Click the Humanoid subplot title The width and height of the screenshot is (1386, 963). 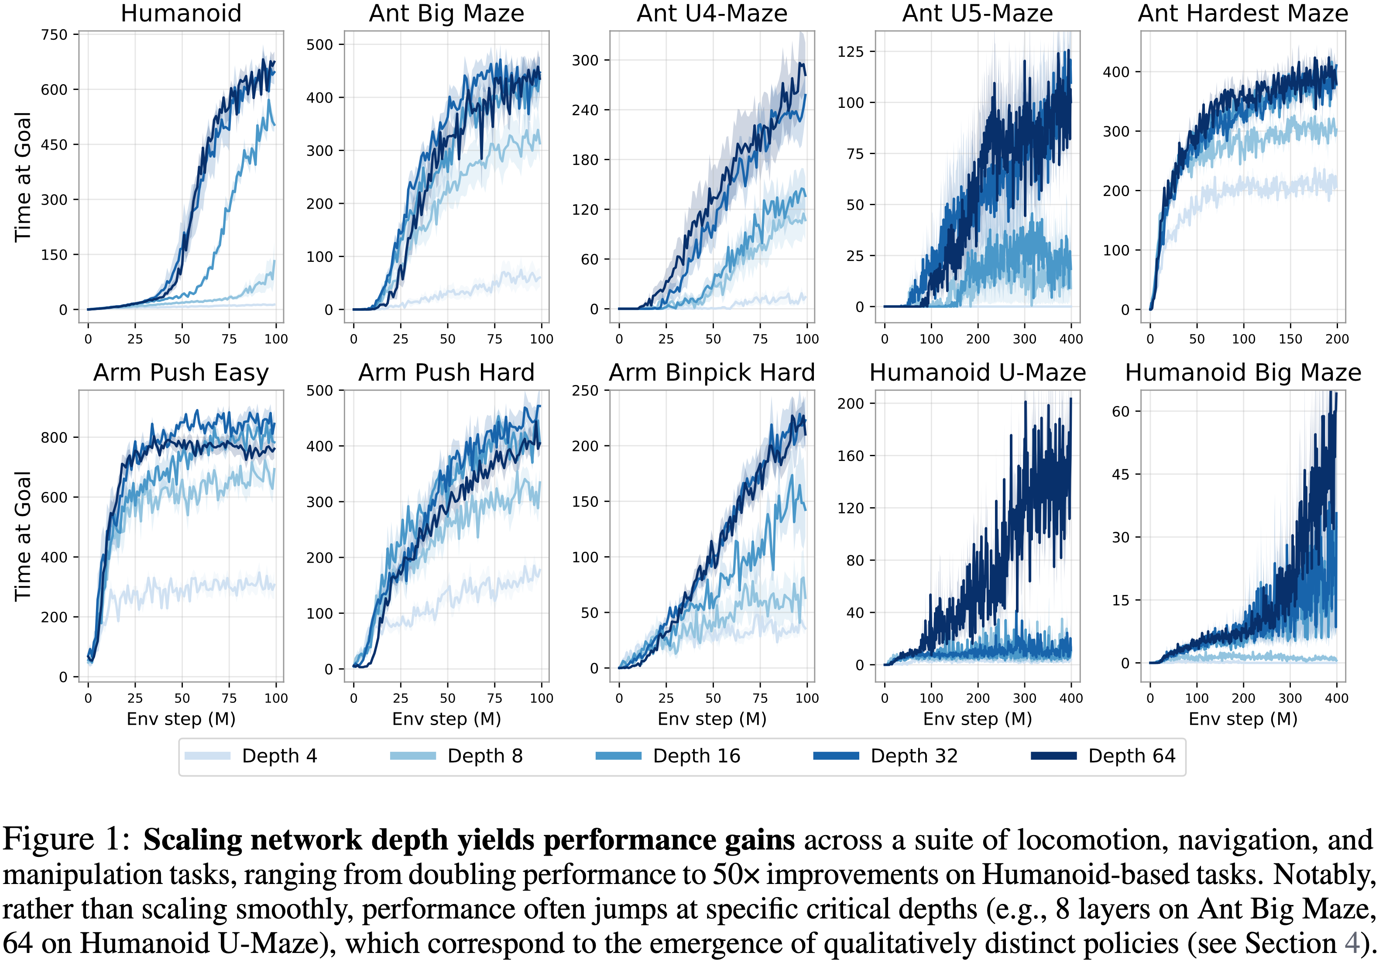coord(181,13)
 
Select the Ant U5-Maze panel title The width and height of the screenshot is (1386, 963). coord(977,13)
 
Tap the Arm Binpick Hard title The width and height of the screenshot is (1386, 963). coord(712,372)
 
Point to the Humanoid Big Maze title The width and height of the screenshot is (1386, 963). coord(1243,372)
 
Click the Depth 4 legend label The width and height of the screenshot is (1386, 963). coord(279,756)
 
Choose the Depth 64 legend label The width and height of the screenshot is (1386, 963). coord(1132,756)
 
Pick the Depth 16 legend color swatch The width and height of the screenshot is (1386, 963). coord(618,756)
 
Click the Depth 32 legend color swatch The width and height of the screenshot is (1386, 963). coord(836,756)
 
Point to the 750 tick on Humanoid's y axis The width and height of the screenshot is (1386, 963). coord(54,35)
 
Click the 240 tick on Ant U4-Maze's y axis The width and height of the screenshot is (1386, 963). coord(585,110)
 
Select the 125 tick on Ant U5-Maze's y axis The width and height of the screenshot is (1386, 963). coord(851,52)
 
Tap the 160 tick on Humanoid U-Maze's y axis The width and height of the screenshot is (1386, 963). coord(851,456)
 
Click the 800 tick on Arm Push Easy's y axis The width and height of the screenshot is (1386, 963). coord(54,437)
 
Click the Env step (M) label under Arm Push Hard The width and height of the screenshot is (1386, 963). coord(446,719)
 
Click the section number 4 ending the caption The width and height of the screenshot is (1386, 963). coord(1352,943)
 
